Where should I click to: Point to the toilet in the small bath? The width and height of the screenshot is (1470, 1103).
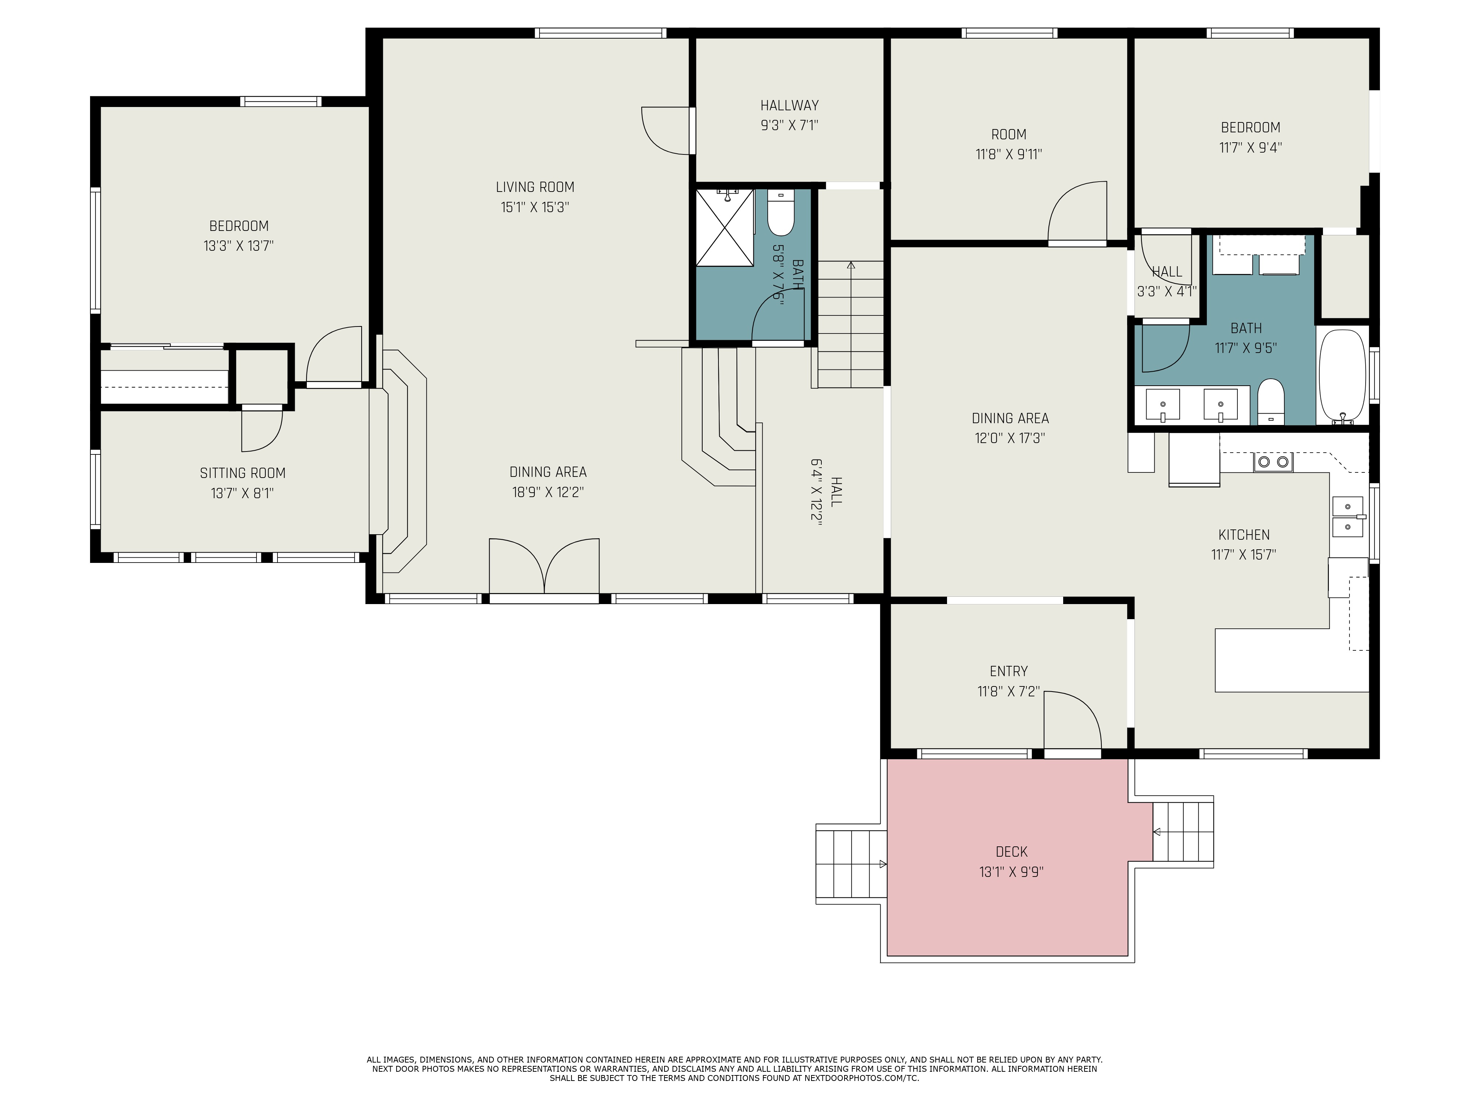click(781, 213)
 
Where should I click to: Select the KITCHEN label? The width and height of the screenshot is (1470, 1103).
click(1244, 535)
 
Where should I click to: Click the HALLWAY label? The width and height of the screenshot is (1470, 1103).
click(789, 105)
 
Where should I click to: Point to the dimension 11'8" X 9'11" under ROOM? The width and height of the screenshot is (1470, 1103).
click(1009, 154)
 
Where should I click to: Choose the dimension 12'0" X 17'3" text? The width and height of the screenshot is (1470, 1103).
click(1010, 438)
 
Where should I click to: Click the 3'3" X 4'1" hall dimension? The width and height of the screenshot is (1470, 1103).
click(1167, 291)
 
